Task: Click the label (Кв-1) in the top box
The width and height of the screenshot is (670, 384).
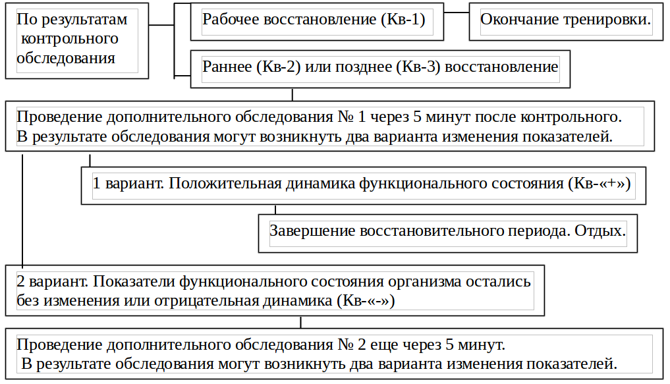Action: (x=403, y=20)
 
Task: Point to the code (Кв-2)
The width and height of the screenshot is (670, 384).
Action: (x=279, y=67)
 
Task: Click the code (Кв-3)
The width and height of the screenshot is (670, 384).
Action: (x=418, y=67)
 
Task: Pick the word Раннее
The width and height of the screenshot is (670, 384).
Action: (x=227, y=67)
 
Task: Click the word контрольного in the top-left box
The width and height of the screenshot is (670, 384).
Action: (x=70, y=39)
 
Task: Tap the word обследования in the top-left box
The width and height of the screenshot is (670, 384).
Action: (x=66, y=58)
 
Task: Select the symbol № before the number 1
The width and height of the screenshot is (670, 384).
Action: (x=345, y=117)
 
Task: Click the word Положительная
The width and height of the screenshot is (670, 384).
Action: (x=225, y=183)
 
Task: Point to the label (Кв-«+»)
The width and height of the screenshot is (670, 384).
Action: (x=600, y=183)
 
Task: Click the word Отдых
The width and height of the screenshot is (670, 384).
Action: (x=600, y=231)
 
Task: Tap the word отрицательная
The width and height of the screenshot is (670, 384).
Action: (x=207, y=301)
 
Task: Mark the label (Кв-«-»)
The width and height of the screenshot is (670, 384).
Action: (x=366, y=301)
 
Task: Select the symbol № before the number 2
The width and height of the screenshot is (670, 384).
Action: (x=345, y=344)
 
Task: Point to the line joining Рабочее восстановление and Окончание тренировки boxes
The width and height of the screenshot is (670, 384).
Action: (x=457, y=13)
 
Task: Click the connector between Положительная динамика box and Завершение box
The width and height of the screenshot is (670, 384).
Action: (x=275, y=209)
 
